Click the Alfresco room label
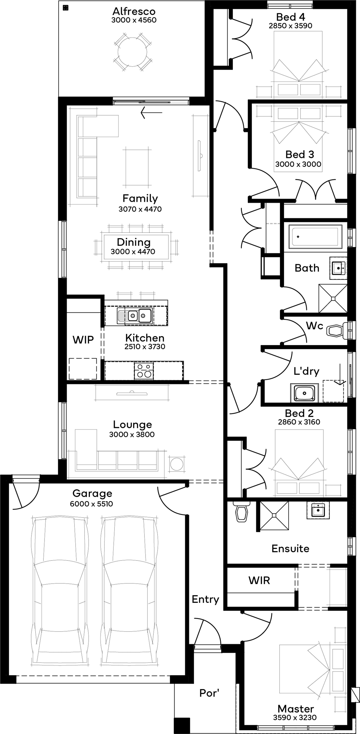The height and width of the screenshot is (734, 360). (134, 11)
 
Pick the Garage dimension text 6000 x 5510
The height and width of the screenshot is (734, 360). (91, 504)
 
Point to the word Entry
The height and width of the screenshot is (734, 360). (205, 599)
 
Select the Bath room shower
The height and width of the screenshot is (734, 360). (333, 298)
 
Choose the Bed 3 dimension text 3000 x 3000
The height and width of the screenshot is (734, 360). (298, 164)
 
